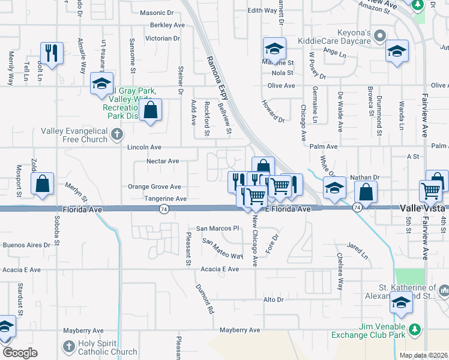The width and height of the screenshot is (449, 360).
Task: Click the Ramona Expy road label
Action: (218, 78)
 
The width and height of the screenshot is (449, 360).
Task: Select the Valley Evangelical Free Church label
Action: (74, 135)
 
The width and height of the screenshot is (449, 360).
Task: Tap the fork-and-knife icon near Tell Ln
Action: (51, 53)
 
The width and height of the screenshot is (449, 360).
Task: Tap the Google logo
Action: (20, 352)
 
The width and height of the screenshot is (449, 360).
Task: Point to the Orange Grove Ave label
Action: (154, 187)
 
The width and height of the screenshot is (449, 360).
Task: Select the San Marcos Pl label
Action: (218, 228)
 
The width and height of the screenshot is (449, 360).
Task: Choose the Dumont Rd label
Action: (205, 299)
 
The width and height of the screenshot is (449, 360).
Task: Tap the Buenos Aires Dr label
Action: (26, 245)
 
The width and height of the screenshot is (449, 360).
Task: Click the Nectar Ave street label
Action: (163, 161)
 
